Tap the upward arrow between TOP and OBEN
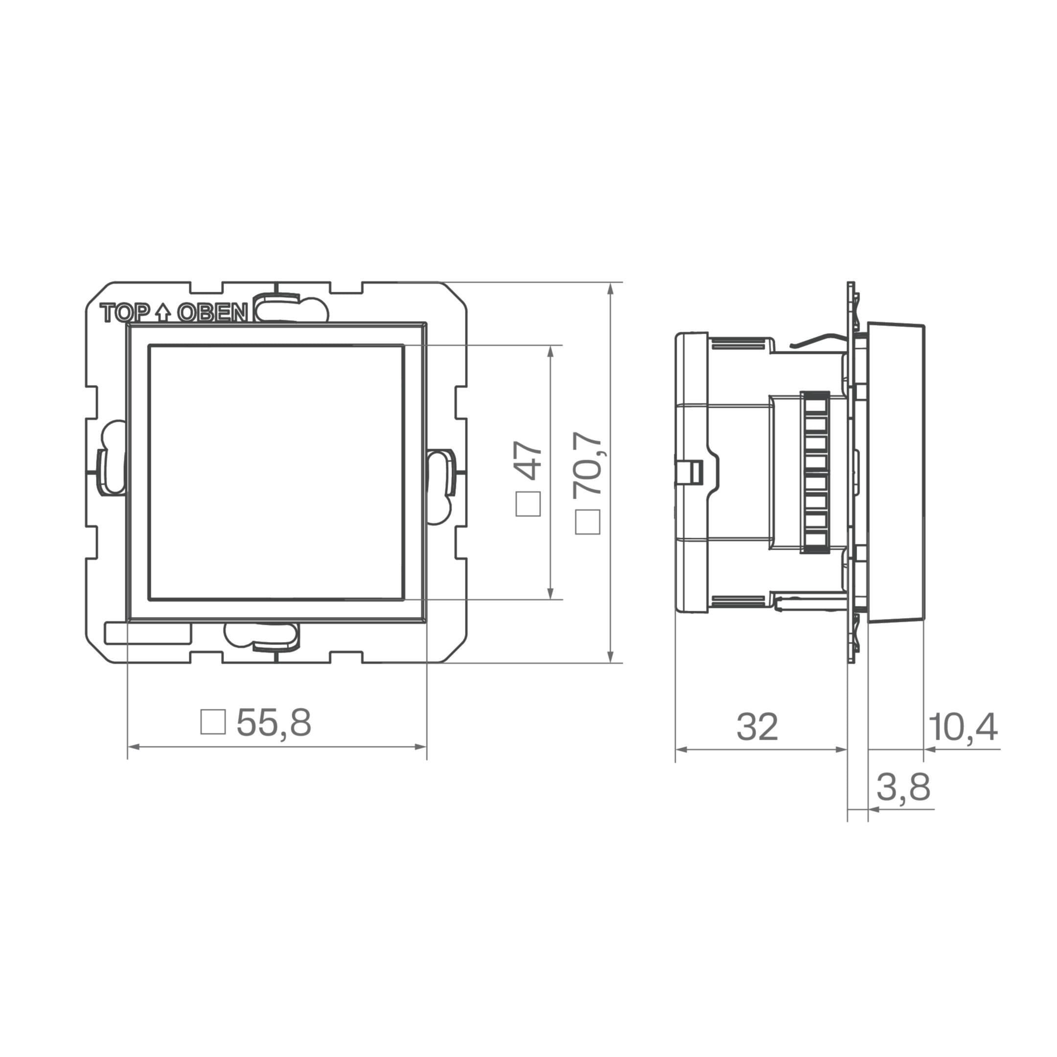pos(163,312)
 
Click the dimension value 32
pos(757,727)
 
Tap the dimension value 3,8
pos(904,788)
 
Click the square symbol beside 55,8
pos(213,722)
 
